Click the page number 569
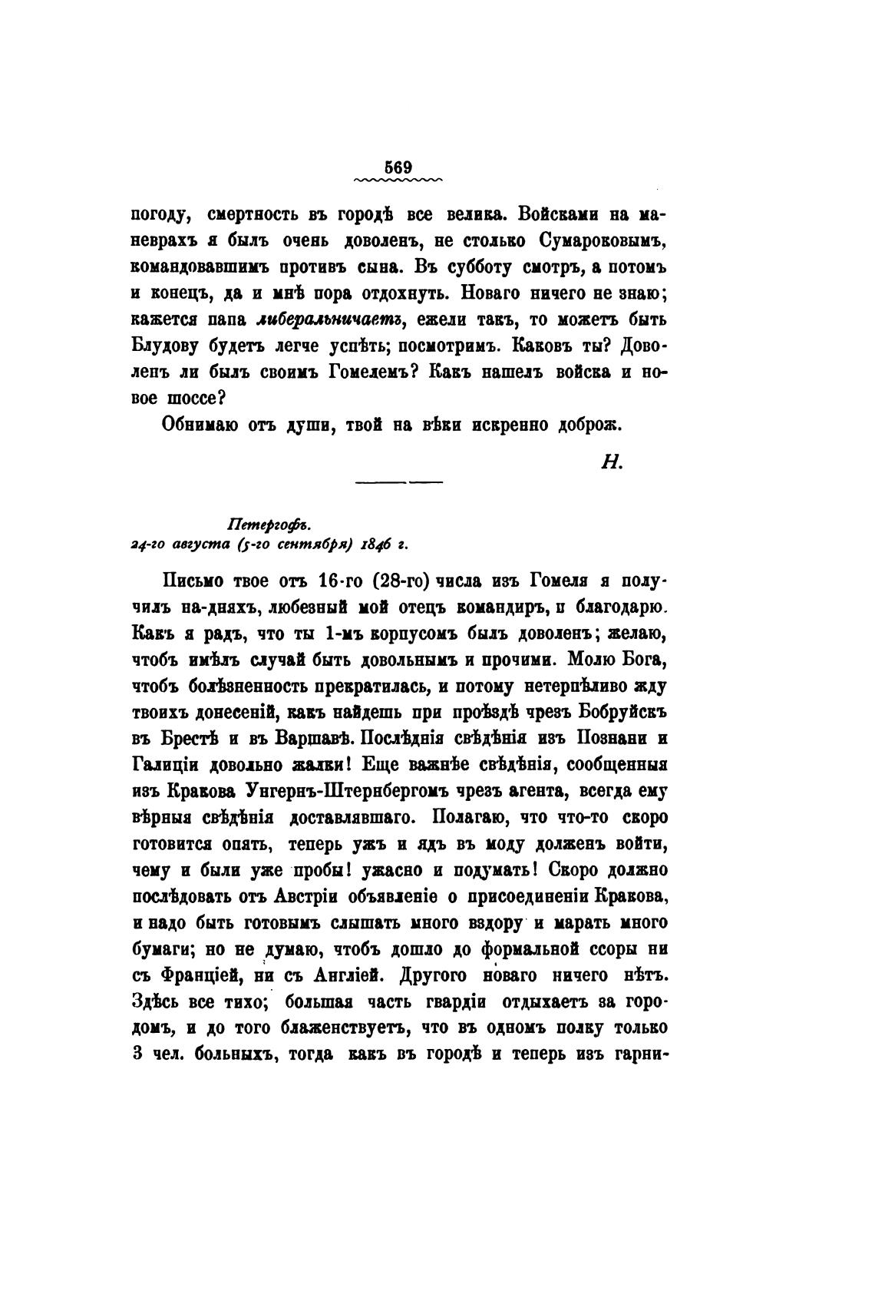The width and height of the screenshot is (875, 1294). [x=398, y=168]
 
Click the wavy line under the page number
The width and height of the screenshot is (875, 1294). [x=398, y=181]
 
